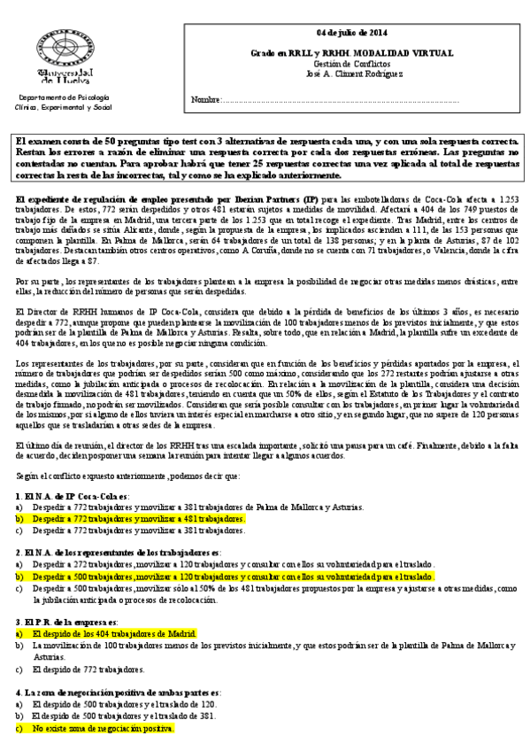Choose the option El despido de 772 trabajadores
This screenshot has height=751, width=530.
[88, 670]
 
